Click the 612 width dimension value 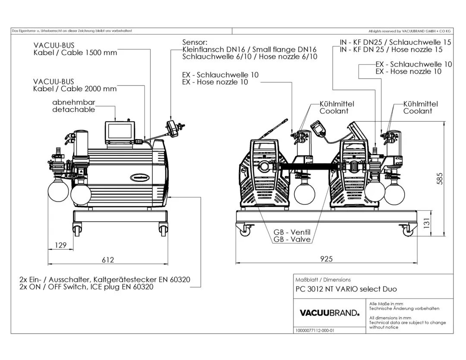pos(108,259)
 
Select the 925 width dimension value pos(327,259)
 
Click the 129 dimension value pos(61,245)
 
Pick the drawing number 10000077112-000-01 pos(315,330)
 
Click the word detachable pos(74,110)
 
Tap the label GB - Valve pos(292,239)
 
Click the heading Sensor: pos(195,42)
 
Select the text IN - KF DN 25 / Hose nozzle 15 pos(395,49)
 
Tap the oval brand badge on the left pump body pos(142,177)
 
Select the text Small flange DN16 pos(285,49)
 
